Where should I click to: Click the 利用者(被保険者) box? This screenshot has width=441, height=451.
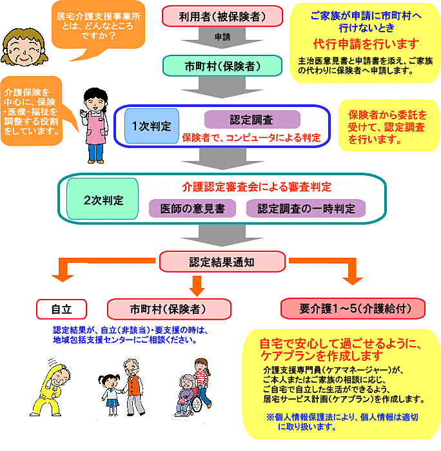[x=222, y=16]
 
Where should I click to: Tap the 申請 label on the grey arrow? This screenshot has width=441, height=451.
[x=222, y=37]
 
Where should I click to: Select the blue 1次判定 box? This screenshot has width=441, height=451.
[x=152, y=126]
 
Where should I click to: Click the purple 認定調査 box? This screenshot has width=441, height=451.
[x=252, y=119]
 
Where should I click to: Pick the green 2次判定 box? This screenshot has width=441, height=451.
[x=103, y=199]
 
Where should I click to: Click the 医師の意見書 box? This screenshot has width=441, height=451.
[x=192, y=209]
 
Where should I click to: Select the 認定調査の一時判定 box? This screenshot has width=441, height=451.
[x=306, y=209]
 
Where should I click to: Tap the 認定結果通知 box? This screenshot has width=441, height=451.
[x=222, y=262]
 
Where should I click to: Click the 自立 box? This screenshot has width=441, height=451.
[x=61, y=309]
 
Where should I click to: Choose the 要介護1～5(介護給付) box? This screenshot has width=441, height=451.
[x=353, y=309]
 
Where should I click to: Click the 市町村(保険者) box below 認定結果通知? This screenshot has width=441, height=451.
[x=169, y=309]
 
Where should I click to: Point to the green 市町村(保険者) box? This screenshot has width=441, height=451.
[x=222, y=66]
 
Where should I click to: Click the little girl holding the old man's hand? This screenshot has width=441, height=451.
[x=110, y=394]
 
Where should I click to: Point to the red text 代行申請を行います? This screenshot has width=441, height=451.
[x=366, y=44]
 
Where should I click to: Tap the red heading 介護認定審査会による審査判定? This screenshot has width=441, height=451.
[x=257, y=187]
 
